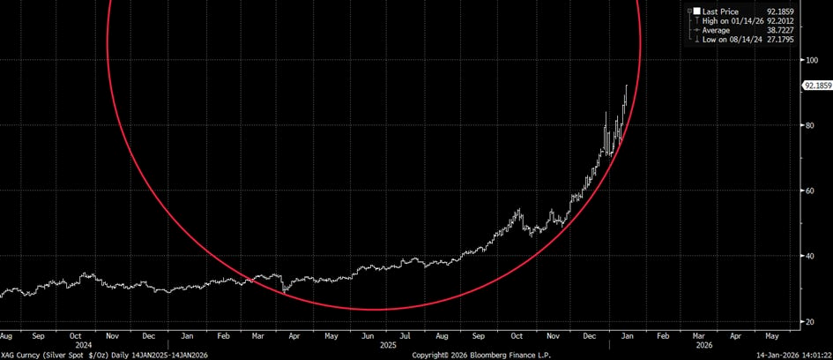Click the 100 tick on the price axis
pyautogui.click(x=808, y=60)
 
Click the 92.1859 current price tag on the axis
pyautogui.click(x=815, y=86)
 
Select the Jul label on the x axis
pyautogui.click(x=405, y=335)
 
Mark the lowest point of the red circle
pyautogui.click(x=375, y=310)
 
